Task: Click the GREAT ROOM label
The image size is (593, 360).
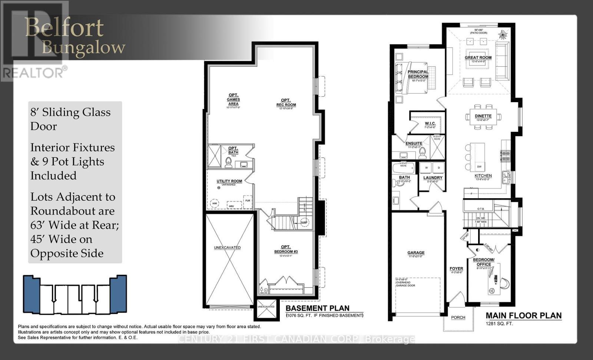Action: (x=478, y=57)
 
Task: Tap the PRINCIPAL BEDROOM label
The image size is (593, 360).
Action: (x=418, y=74)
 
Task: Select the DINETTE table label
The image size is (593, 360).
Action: (x=483, y=116)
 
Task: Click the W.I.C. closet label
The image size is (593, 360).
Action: (x=430, y=123)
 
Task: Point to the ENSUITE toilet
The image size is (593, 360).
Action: (x=423, y=153)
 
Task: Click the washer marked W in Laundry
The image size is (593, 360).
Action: (x=426, y=168)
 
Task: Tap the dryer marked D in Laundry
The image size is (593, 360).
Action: (x=439, y=168)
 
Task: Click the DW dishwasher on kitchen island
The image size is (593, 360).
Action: (x=479, y=167)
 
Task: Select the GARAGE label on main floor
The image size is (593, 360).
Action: (x=416, y=253)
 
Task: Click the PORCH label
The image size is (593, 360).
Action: (x=458, y=317)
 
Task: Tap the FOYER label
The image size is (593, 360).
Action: (x=456, y=269)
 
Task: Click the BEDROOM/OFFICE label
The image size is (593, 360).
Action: (x=484, y=262)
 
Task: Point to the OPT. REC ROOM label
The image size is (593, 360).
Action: (x=286, y=102)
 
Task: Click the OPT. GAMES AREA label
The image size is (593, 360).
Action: (x=233, y=99)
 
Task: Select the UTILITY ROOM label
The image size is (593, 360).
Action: (x=229, y=181)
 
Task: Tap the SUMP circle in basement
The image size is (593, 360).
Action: (x=305, y=222)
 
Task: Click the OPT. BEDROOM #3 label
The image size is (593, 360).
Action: (x=286, y=249)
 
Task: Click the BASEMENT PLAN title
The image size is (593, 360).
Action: (x=317, y=308)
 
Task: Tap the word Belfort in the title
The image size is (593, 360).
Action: (x=64, y=28)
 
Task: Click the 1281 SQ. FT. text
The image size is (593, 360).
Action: (x=499, y=323)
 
